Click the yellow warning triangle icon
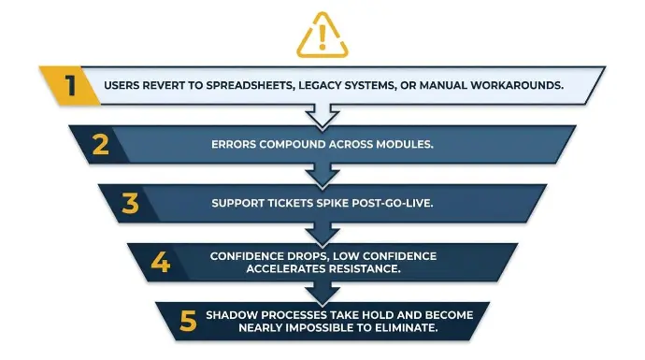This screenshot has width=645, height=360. pyautogui.click(x=322, y=36)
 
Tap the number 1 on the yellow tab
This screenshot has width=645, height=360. pyautogui.click(x=71, y=85)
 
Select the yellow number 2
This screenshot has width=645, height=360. pyautogui.click(x=101, y=144)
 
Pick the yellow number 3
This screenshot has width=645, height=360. pyautogui.click(x=130, y=203)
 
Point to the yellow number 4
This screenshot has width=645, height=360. pyautogui.click(x=161, y=262)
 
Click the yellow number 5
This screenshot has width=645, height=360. pyautogui.click(x=189, y=322)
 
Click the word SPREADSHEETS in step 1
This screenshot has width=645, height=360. pyautogui.click(x=251, y=85)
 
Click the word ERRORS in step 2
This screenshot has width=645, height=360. pyautogui.click(x=234, y=144)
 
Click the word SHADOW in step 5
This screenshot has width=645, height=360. pyautogui.click(x=232, y=315)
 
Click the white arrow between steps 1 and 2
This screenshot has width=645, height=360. pyautogui.click(x=322, y=116)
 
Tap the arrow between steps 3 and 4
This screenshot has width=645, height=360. pyautogui.click(x=322, y=234)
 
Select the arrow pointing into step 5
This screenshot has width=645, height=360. pyautogui.click(x=322, y=294)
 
